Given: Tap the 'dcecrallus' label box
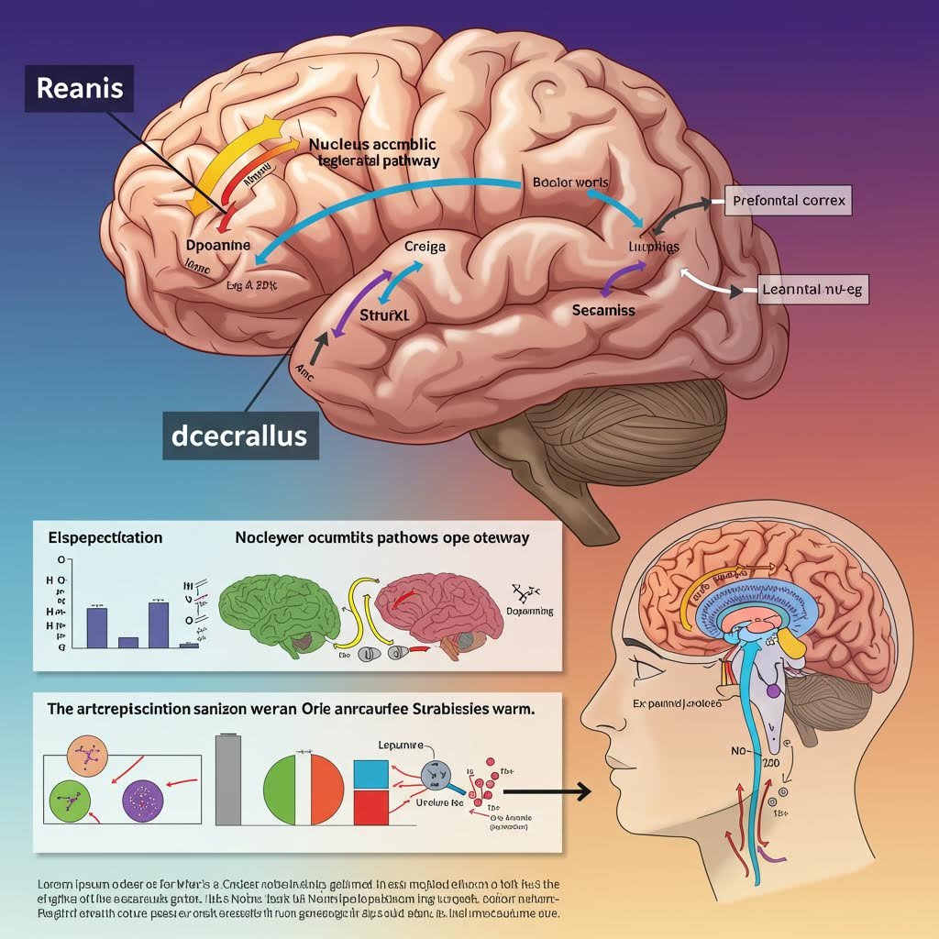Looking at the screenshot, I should click(x=239, y=434).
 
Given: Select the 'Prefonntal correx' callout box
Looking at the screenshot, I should click(x=790, y=198).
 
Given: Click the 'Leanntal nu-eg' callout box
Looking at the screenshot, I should click(x=812, y=290).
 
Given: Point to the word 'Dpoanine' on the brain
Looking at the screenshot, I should click(x=218, y=246).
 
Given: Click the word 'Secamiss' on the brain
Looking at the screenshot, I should click(x=603, y=310).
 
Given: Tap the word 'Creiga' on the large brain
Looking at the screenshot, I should click(x=425, y=246).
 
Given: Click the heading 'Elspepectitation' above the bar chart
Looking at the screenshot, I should click(x=105, y=537).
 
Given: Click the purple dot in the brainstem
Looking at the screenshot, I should click(x=772, y=688).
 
